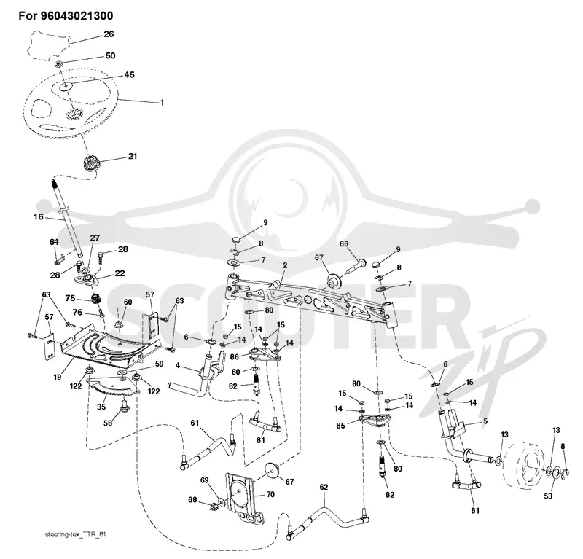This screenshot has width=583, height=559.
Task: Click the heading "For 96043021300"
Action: (66, 16)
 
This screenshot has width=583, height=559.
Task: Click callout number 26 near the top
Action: (109, 34)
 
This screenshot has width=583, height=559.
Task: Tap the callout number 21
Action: (133, 156)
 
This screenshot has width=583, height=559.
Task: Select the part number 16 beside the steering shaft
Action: (39, 216)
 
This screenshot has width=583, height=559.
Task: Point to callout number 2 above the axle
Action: (285, 265)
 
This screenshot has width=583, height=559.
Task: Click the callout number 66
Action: (344, 243)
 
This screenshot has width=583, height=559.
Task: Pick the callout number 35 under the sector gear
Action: (101, 407)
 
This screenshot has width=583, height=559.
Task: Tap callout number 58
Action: (108, 423)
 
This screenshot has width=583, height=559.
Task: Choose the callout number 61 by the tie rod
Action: (195, 423)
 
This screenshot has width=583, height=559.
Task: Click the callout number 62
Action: (324, 488)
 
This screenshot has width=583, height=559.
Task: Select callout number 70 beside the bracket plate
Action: (270, 494)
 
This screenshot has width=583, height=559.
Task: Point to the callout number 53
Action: (548, 496)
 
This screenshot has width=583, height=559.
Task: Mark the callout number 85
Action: (340, 425)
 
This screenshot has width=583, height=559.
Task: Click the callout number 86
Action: (234, 357)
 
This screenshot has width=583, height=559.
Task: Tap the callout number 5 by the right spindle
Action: (485, 421)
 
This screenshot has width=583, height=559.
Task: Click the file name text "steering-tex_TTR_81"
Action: (76, 534)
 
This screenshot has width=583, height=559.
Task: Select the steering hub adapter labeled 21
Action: (90, 164)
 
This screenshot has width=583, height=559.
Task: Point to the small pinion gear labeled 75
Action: (96, 298)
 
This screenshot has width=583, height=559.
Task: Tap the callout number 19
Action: (57, 377)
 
